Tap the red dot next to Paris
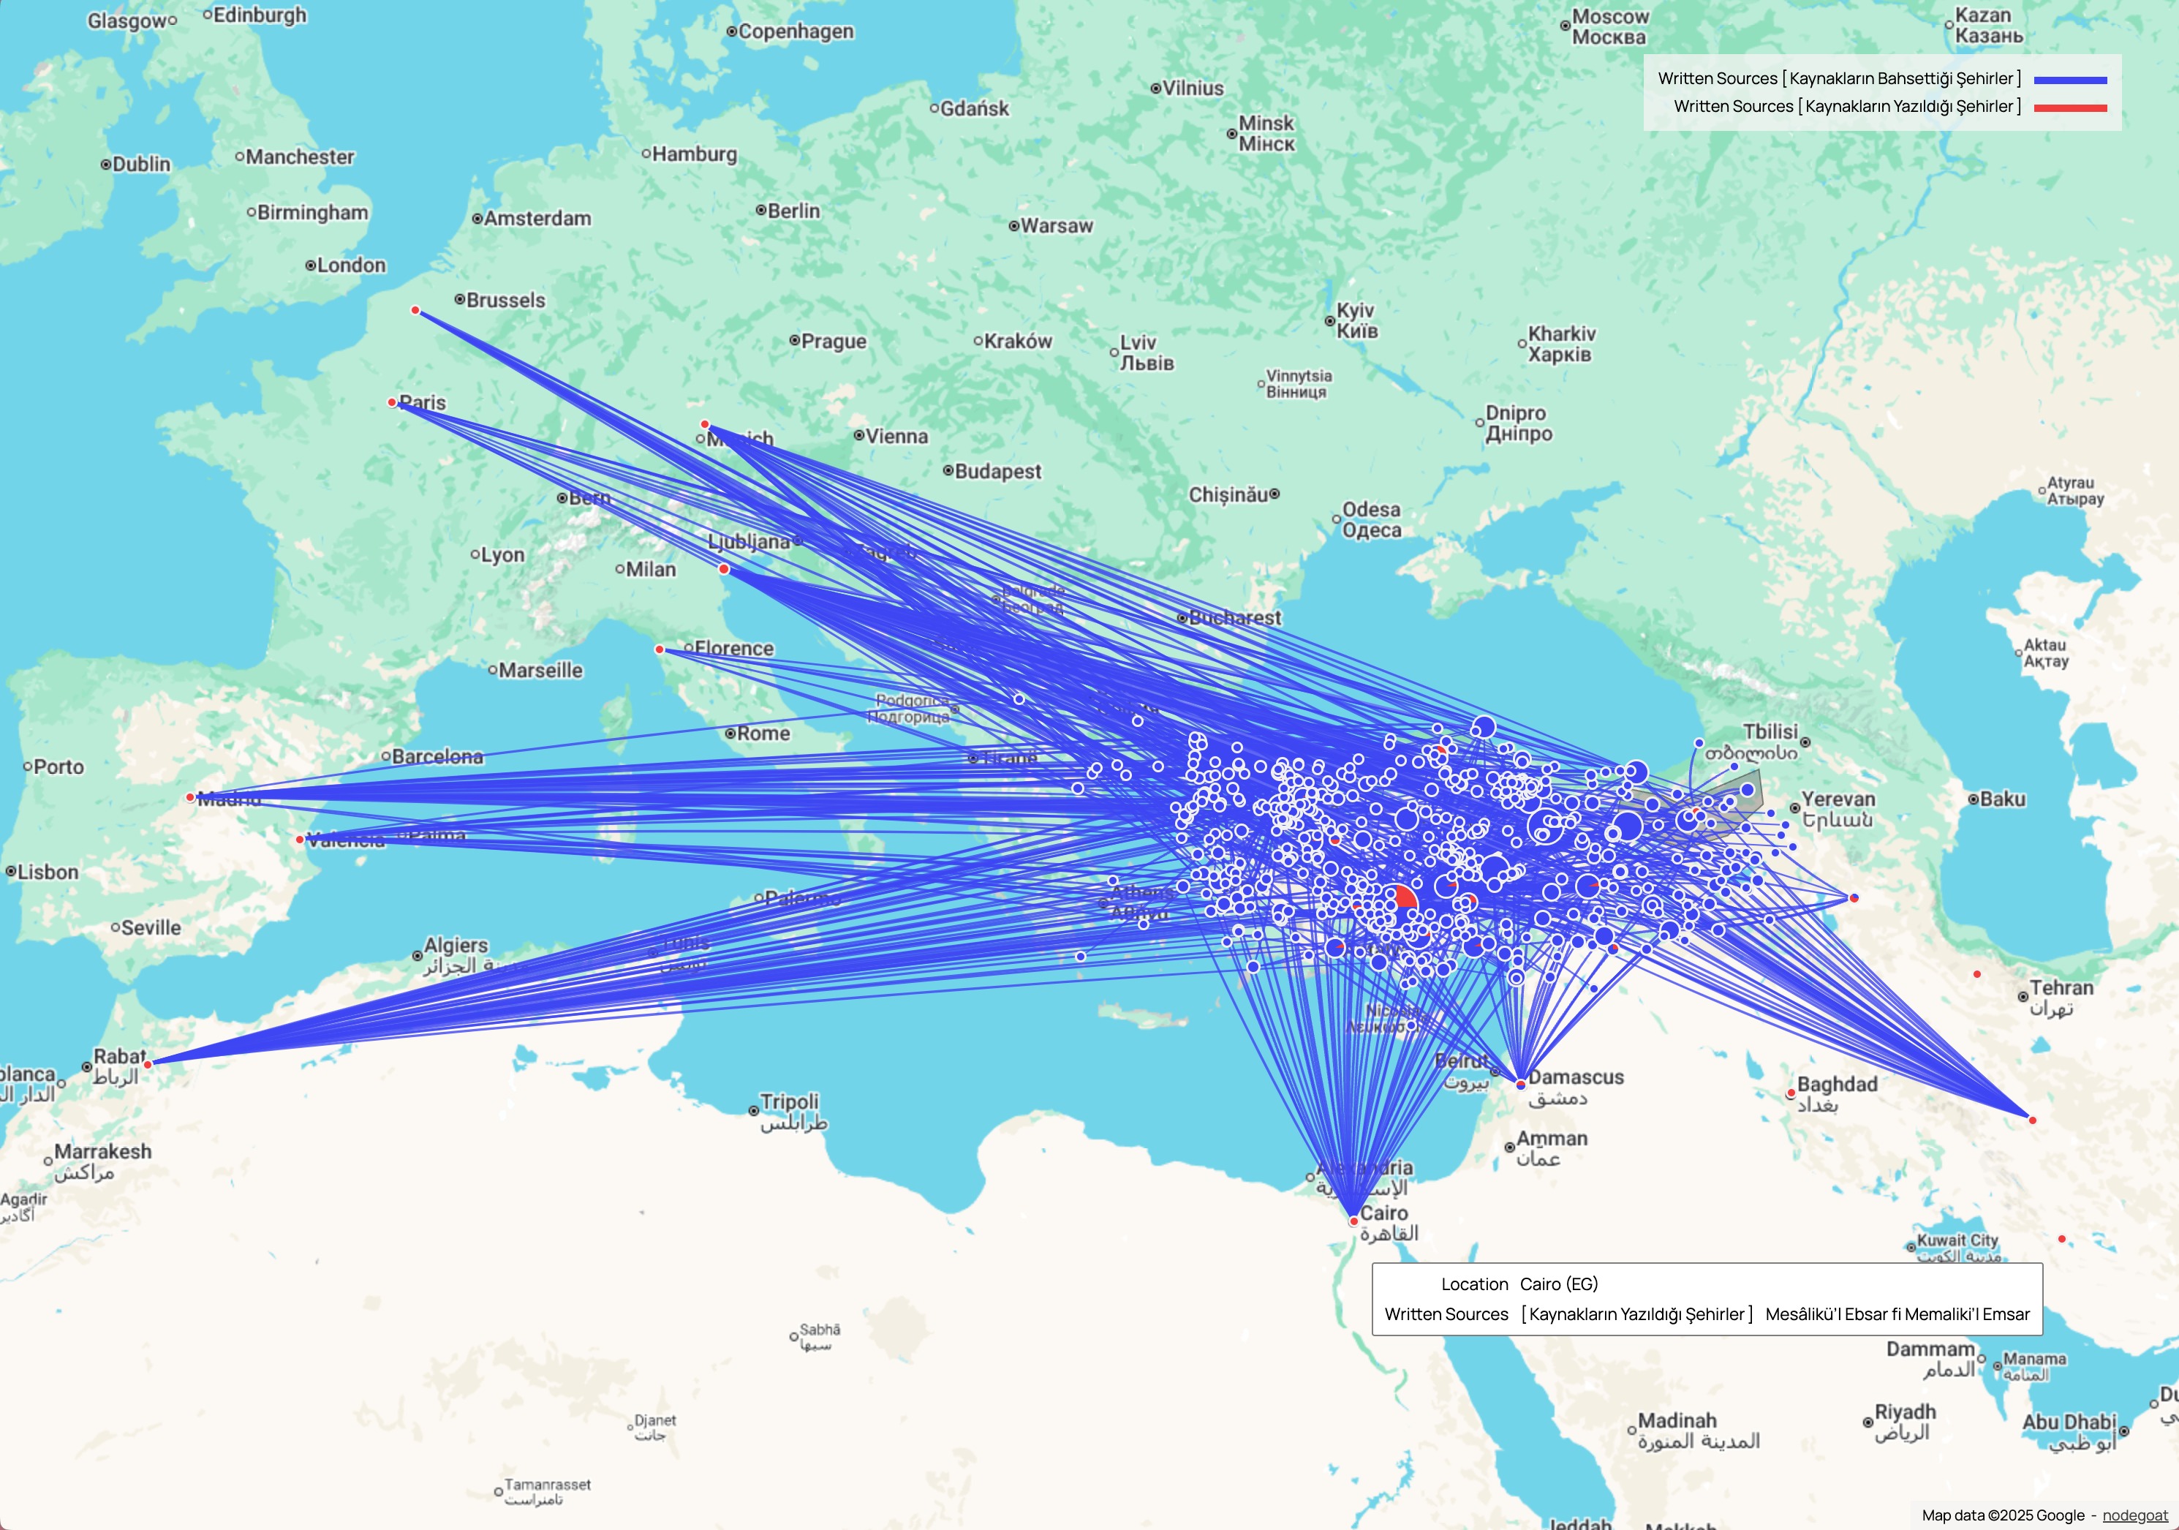[x=392, y=402]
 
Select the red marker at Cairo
[x=1353, y=1221]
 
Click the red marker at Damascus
[x=1520, y=1084]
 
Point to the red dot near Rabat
[x=148, y=1064]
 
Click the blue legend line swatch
[x=2070, y=80]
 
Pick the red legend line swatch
[x=2070, y=108]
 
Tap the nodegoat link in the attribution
[x=2134, y=1515]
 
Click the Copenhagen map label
[x=796, y=31]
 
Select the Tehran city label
[x=2061, y=988]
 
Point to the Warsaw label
[x=1057, y=226]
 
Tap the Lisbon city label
[x=48, y=871]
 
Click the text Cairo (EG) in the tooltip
[x=1558, y=1284]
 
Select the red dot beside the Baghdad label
[x=1791, y=1093]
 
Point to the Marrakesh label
[x=102, y=1151]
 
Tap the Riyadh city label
[x=1905, y=1412]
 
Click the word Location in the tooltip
[x=1474, y=1284]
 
